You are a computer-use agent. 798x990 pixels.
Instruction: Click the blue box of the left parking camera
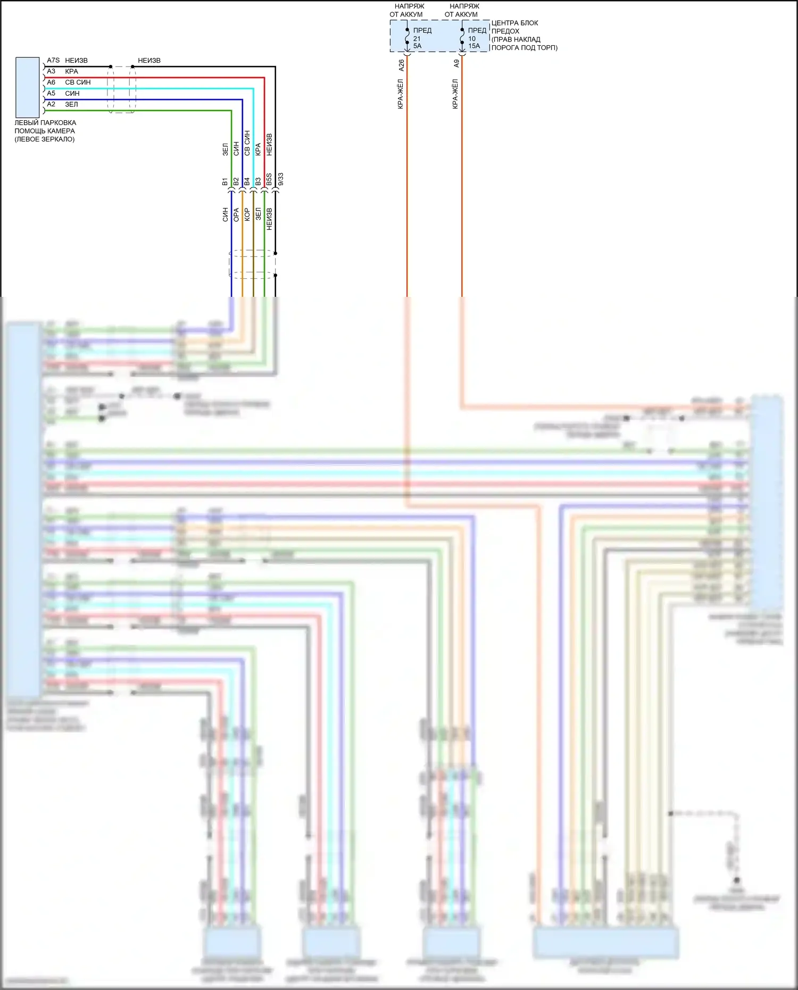pyautogui.click(x=27, y=87)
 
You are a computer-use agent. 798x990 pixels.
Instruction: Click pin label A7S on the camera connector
pyautogui.click(x=53, y=61)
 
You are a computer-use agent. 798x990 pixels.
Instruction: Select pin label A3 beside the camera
pyautogui.click(x=51, y=71)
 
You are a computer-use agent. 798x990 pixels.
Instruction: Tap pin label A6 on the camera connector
pyautogui.click(x=51, y=82)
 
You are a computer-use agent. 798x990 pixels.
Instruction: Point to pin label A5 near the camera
pyautogui.click(x=51, y=94)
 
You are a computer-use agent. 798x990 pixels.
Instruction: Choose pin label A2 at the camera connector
pyautogui.click(x=51, y=104)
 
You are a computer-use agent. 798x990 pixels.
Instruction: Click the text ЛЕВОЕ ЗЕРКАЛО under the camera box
pyautogui.click(x=45, y=139)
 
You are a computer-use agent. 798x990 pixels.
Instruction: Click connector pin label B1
pyautogui.click(x=225, y=182)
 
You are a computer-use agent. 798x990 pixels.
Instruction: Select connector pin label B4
pyautogui.click(x=247, y=182)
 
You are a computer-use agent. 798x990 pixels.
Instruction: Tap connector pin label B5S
pyautogui.click(x=269, y=180)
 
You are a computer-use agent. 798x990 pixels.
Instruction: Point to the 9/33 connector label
pyautogui.click(x=280, y=179)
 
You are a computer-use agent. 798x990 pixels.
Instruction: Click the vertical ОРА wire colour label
pyautogui.click(x=236, y=215)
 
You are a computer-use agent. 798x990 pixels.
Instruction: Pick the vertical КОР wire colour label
pyautogui.click(x=247, y=215)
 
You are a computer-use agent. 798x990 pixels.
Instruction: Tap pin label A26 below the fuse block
pyautogui.click(x=401, y=65)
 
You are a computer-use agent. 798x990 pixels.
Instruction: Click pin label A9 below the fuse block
pyautogui.click(x=456, y=63)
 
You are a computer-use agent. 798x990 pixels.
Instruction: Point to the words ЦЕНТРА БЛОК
pyautogui.click(x=514, y=23)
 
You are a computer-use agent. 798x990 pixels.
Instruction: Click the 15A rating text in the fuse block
pyautogui.click(x=474, y=46)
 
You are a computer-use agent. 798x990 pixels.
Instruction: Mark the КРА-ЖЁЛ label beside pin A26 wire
pyautogui.click(x=401, y=94)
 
